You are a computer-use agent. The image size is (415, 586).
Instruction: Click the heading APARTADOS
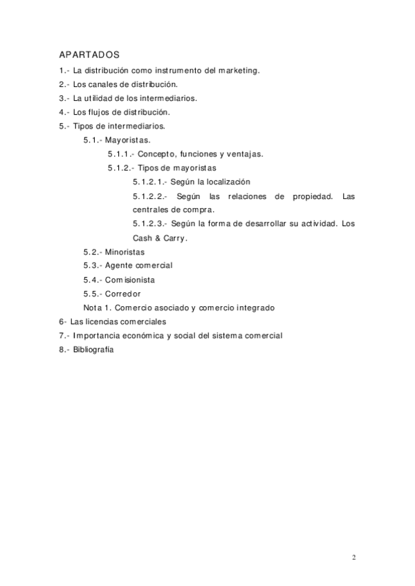click(89, 55)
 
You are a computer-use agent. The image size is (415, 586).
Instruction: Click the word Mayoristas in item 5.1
click(128, 140)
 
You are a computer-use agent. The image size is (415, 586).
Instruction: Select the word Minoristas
click(125, 252)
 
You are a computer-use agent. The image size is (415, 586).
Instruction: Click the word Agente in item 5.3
click(119, 266)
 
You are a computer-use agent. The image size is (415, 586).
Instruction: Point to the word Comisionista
click(129, 280)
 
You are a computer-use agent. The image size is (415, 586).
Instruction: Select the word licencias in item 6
click(111, 322)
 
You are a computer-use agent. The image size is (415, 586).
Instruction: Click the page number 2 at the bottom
click(353, 558)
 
